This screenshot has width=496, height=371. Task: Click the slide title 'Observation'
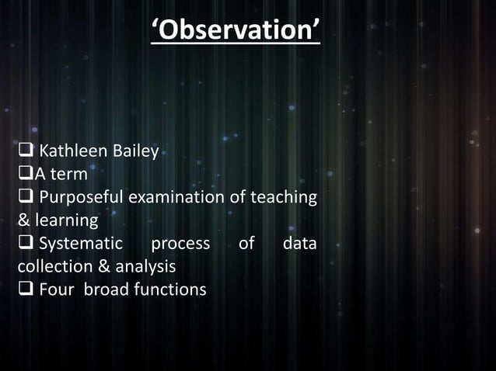click(236, 30)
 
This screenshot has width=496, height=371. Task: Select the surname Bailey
click(136, 150)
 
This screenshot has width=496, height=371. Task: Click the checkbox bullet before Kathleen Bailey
click(25, 150)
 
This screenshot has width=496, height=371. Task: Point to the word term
click(69, 173)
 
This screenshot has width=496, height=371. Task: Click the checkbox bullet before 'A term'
click(23, 173)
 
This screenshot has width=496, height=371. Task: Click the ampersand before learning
click(23, 220)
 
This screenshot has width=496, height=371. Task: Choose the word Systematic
click(81, 244)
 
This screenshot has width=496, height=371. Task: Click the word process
click(180, 244)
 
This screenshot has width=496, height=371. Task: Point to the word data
click(299, 244)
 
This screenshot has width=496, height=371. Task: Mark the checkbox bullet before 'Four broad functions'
click(25, 290)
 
